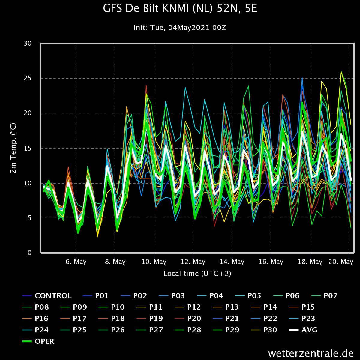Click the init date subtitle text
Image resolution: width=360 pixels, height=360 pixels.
pos(180,28)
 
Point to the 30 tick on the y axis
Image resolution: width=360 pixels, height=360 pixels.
pos(28,43)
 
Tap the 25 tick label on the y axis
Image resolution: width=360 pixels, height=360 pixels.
pos(28,78)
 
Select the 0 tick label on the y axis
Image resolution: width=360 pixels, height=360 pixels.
pos(29,253)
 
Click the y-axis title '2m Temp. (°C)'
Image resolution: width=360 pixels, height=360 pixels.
pos(13,148)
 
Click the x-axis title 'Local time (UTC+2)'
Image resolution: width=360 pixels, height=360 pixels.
pos(197,274)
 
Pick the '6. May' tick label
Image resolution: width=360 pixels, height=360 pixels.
pos(76,262)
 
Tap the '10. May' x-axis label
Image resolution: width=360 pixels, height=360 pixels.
pos(154,262)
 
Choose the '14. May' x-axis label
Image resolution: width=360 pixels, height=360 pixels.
pos(232,262)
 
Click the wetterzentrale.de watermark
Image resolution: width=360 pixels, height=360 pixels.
pos(311,353)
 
